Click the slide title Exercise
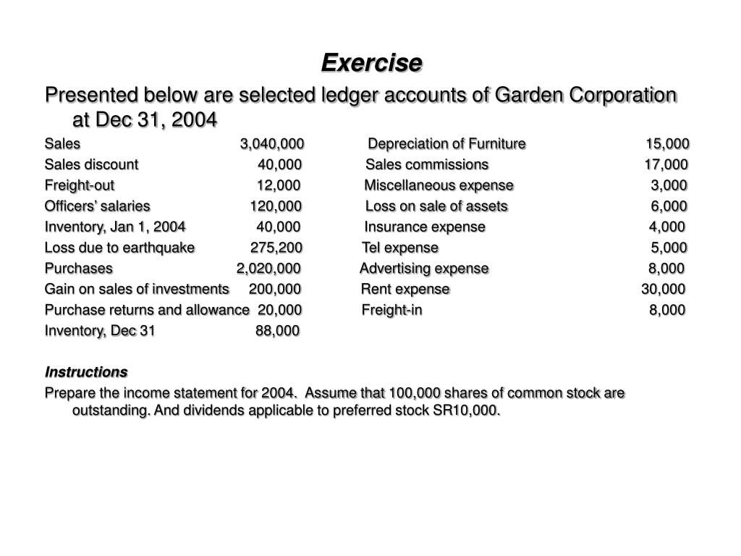[371, 63]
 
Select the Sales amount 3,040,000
[272, 143]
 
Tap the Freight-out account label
[80, 185]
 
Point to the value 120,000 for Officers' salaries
[276, 206]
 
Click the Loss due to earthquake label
[119, 248]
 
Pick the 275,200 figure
[276, 248]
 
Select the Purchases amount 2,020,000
[268, 269]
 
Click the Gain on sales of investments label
[137, 289]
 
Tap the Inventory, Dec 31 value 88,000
[277, 331]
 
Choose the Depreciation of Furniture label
[447, 143]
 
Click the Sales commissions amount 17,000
[666, 164]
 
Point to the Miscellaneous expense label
[439, 185]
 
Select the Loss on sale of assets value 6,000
[669, 206]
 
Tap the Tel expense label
[400, 248]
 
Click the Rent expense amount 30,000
[663, 289]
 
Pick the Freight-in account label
[392, 310]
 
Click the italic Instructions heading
[86, 372]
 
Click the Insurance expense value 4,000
[666, 227]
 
